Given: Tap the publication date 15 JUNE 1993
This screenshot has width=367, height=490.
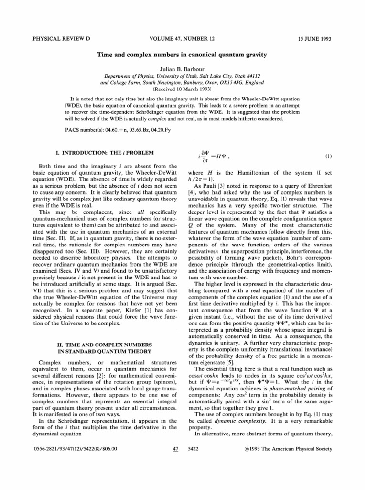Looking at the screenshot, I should click(x=318, y=36).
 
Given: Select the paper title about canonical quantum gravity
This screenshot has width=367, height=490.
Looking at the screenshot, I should click(x=183, y=55).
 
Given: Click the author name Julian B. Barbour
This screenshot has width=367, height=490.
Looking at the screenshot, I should click(x=183, y=68).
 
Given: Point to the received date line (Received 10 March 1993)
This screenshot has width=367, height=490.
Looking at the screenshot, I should click(x=183, y=89).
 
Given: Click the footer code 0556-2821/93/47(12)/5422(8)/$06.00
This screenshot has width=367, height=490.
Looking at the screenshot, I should click(x=70, y=476).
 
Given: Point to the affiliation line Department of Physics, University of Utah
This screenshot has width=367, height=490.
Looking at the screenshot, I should click(x=183, y=76).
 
